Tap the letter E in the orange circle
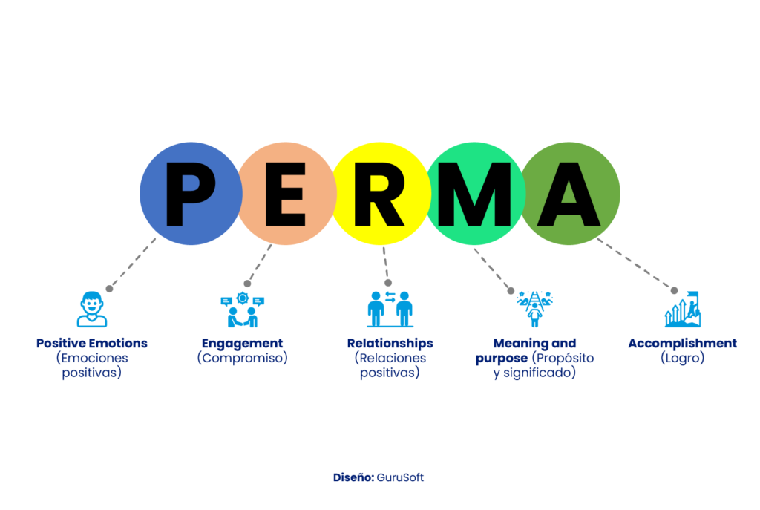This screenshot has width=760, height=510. (x=286, y=194)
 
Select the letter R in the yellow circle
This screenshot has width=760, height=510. (x=379, y=194)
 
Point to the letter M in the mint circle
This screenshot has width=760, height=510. (x=474, y=194)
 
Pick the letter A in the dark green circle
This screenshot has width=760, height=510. (x=569, y=194)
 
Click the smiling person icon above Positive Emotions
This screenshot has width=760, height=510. (x=91, y=310)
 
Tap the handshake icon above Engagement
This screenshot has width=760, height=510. (x=243, y=310)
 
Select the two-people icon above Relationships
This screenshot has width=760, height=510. (x=390, y=310)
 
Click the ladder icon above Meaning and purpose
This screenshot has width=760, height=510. (x=534, y=310)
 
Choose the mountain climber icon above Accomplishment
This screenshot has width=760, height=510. (x=683, y=310)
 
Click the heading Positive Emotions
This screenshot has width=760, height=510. (x=91, y=343)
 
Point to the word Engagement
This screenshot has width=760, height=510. (x=243, y=344)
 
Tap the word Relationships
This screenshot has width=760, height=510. (x=390, y=344)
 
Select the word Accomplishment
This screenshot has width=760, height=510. (x=683, y=344)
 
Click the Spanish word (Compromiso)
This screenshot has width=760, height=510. (x=243, y=359)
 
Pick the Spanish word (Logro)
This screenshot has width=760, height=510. (x=683, y=359)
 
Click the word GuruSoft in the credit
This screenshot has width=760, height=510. (x=400, y=477)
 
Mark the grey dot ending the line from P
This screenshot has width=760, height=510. (x=110, y=289)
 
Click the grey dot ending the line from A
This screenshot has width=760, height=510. (x=674, y=291)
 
